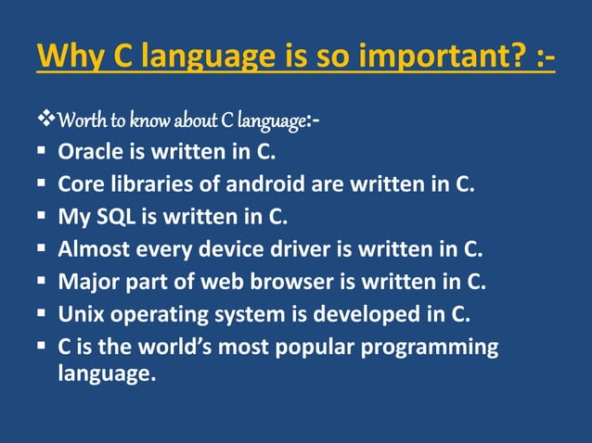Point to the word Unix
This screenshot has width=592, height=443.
pos(79,315)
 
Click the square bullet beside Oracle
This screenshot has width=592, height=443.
pos(43,153)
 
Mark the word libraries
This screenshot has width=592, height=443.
pos(150,184)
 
